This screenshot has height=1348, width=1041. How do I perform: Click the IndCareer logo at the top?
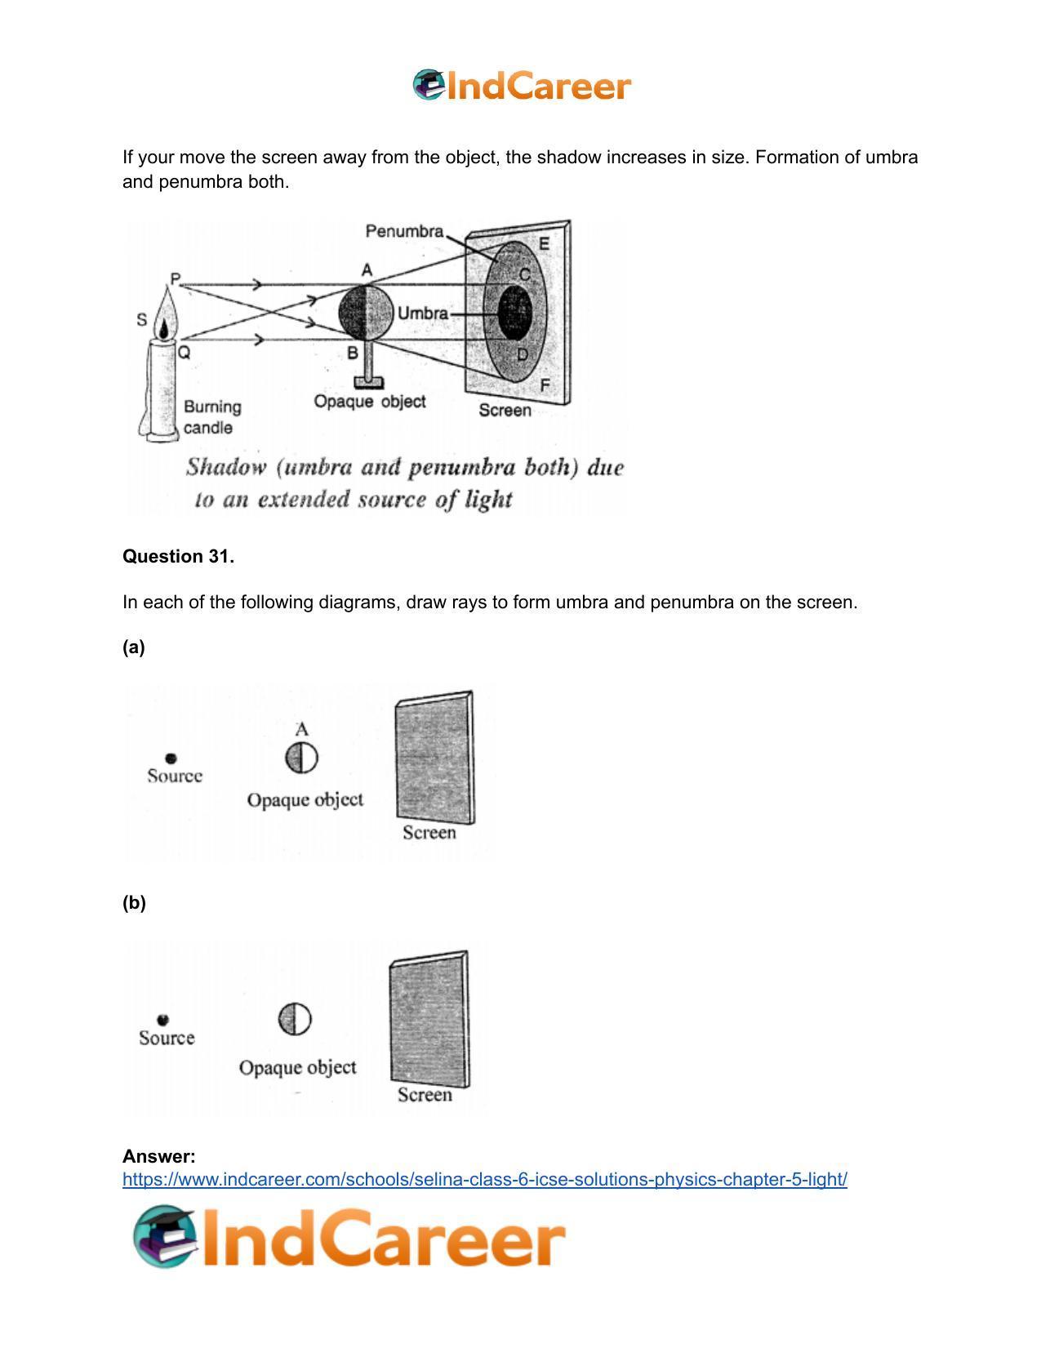pyautogui.click(x=521, y=86)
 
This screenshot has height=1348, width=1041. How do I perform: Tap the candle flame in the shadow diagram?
pyautogui.click(x=167, y=314)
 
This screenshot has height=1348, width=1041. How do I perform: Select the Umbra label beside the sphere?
pyautogui.click(x=422, y=314)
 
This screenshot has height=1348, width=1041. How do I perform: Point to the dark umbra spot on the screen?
pyautogui.click(x=514, y=313)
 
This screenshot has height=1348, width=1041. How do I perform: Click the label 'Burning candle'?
pyautogui.click(x=211, y=417)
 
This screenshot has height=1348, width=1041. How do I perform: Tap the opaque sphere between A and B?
pyautogui.click(x=367, y=313)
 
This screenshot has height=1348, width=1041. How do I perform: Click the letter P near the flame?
pyautogui.click(x=175, y=278)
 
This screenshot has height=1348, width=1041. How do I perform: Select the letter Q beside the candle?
pyautogui.click(x=185, y=353)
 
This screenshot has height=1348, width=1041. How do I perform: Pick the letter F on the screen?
pyautogui.click(x=545, y=385)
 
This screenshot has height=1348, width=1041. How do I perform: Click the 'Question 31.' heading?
pyautogui.click(x=178, y=557)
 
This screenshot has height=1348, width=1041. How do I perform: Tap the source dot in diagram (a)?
pyautogui.click(x=171, y=759)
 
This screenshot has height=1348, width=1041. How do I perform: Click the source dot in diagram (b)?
pyautogui.click(x=162, y=1020)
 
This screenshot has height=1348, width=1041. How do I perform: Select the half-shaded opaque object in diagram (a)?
pyautogui.click(x=301, y=758)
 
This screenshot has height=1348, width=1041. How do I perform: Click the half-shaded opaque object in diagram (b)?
pyautogui.click(x=295, y=1019)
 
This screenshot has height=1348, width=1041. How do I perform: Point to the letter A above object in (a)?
pyautogui.click(x=301, y=729)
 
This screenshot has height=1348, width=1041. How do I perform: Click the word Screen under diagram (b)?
pyautogui.click(x=425, y=1095)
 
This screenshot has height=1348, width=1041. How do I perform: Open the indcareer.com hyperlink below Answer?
pyautogui.click(x=484, y=1179)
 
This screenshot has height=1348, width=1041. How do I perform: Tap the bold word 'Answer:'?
pyautogui.click(x=158, y=1156)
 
